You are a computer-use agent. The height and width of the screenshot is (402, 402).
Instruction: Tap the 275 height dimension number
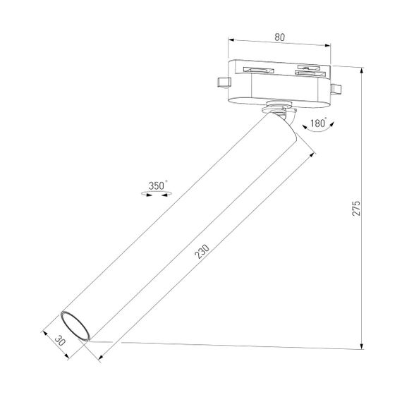pyautogui.click(x=356, y=209)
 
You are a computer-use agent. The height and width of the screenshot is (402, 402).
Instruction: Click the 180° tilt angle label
pyautogui.click(x=317, y=123)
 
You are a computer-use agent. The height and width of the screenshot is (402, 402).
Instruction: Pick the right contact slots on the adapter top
pyautogui.click(x=310, y=70)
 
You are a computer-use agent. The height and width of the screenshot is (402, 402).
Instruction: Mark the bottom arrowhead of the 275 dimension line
pyautogui.click(x=362, y=345)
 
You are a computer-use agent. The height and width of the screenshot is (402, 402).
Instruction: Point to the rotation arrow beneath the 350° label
pyautogui.click(x=157, y=194)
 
